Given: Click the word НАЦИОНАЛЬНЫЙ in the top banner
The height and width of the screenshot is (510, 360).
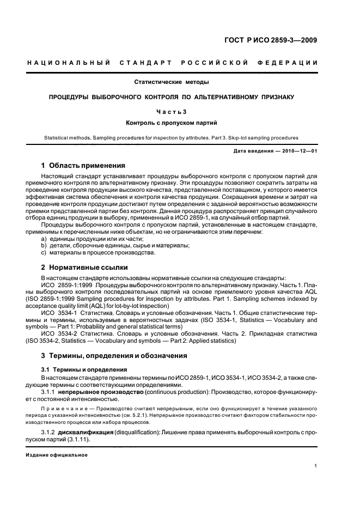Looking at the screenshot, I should click(x=69, y=63).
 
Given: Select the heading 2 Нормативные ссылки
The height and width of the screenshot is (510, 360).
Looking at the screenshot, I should click(x=84, y=268).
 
